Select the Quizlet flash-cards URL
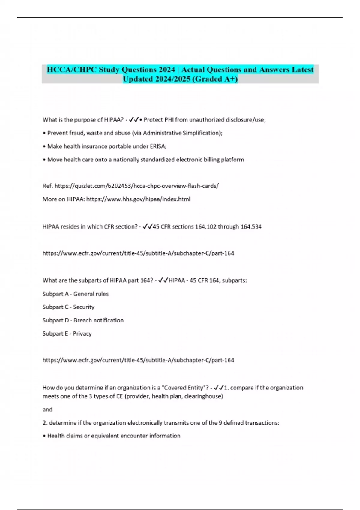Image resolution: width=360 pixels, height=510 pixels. [137, 186]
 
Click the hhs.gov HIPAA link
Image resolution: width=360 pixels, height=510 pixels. [138, 199]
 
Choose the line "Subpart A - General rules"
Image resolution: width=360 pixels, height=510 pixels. [76, 294]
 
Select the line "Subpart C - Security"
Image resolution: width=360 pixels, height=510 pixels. [68, 307]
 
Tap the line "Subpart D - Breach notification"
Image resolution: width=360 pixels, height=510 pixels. [83, 320]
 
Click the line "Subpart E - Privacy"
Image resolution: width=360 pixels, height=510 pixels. [67, 334]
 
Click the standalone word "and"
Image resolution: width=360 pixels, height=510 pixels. [47, 409]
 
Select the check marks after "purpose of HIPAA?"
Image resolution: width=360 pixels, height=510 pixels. [133, 120]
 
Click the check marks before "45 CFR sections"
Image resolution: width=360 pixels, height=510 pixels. [148, 227]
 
